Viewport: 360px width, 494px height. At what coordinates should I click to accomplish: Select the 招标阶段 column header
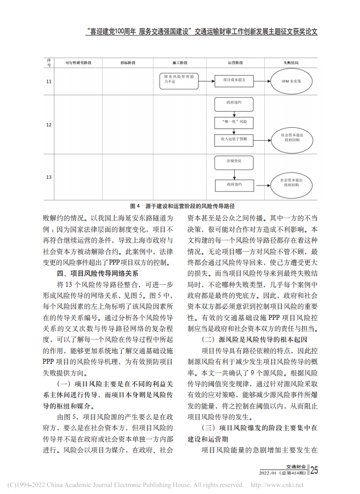coord(127,64)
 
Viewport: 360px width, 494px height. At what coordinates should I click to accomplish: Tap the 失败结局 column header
coord(290,64)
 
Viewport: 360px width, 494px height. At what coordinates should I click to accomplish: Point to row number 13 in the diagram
coord(49,177)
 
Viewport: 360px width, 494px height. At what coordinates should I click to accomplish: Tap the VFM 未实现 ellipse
coord(291,80)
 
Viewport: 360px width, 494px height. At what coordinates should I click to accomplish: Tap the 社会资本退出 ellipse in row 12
coord(291,137)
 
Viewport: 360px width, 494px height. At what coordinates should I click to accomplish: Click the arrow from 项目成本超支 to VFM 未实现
coord(262,80)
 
